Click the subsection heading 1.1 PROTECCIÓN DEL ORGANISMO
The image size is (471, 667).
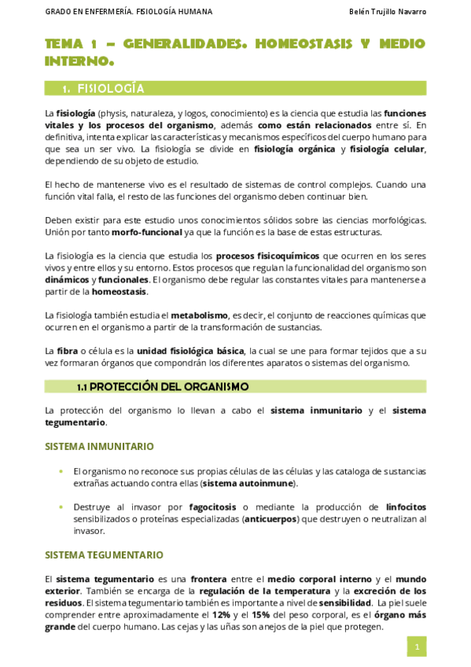(163, 386)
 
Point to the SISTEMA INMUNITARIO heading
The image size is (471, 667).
(99, 446)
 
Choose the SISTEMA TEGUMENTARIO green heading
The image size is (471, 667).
(104, 555)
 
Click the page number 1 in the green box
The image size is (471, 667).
(417, 647)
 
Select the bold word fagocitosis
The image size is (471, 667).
(215, 507)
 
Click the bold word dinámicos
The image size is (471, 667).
(67, 279)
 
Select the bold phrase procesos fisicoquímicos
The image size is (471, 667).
(267, 256)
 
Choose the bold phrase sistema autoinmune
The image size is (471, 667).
(248, 483)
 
